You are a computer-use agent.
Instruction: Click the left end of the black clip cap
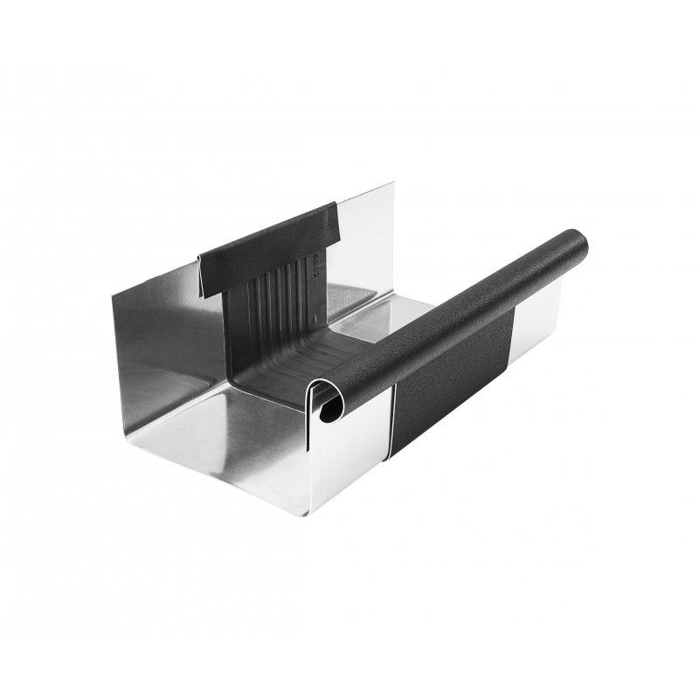203,266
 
